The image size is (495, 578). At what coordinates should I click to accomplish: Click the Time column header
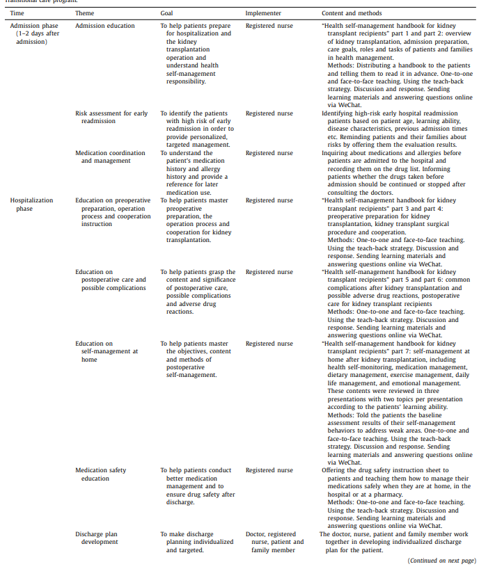tap(16, 13)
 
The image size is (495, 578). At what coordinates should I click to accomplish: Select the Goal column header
tap(166, 13)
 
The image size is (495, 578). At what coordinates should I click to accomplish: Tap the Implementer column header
tap(263, 13)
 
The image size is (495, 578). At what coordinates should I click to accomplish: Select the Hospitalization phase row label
tap(31, 204)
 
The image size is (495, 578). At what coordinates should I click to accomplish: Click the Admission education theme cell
tap(105, 26)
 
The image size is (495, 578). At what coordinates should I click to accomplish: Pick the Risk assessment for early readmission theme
tap(111, 117)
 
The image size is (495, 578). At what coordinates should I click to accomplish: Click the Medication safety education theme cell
tap(101, 474)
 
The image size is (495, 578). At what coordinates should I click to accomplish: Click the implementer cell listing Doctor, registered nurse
tap(275, 542)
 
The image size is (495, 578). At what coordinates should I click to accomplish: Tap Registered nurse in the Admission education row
tap(269, 26)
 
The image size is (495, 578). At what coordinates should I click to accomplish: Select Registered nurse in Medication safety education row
tap(269, 470)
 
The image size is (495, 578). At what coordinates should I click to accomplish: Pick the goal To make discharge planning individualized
tap(196, 542)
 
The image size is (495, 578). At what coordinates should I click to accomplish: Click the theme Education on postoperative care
tap(111, 280)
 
